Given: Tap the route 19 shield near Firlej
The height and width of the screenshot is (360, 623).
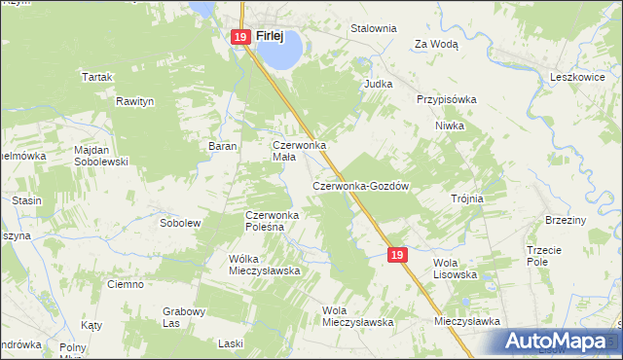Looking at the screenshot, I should click(240, 37).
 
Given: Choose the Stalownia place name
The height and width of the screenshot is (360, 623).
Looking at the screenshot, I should click(374, 28).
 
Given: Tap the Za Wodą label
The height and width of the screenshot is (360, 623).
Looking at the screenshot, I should click(436, 44).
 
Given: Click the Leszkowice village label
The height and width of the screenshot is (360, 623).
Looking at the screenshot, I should click(579, 76).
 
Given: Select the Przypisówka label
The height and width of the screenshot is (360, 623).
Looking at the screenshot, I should click(446, 99).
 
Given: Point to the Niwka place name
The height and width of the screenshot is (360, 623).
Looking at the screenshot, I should click(450, 126).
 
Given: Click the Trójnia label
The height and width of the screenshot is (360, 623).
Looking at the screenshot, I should click(467, 198).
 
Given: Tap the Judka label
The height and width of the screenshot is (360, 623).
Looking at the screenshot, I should click(378, 84).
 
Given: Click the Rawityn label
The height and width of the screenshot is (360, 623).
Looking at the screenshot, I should click(136, 100).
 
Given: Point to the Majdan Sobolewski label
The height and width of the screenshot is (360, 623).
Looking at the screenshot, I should click(101, 156).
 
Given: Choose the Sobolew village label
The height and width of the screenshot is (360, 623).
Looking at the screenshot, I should click(180, 223).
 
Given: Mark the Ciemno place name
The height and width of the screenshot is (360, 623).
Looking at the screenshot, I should click(127, 284).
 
